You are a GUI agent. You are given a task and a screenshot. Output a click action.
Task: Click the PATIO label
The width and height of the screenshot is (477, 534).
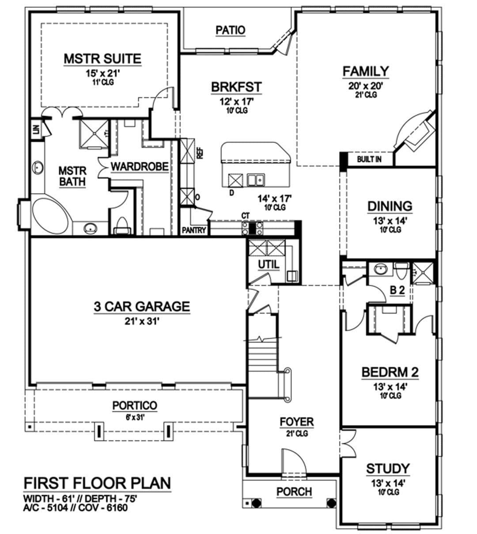tap(231, 30)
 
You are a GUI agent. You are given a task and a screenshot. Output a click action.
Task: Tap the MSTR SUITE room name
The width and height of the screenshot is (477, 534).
tap(103, 58)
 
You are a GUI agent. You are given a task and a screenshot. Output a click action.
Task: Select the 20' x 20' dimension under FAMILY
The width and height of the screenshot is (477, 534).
tap(365, 86)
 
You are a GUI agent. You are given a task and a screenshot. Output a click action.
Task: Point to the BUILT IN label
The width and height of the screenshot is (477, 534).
tap(369, 159)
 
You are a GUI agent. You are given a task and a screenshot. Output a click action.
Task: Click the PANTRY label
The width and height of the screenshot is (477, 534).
tap(194, 230)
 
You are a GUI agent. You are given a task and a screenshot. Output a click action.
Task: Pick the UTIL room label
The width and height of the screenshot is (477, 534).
tap(269, 265)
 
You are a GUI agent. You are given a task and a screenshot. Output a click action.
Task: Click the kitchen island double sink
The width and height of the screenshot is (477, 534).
tap(256, 180)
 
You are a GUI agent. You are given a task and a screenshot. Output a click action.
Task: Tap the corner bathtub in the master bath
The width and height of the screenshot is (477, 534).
tap(50, 216)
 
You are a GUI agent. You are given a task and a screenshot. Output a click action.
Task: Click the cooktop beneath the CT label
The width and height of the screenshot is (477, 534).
tap(253, 228)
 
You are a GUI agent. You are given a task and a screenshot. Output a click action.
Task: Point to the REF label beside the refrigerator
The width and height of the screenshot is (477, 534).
tap(200, 154)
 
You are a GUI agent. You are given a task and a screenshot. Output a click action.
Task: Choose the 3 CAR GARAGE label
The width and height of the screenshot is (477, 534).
tap(142, 306)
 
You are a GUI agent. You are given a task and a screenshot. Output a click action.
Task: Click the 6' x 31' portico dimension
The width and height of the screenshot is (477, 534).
tap(135, 417)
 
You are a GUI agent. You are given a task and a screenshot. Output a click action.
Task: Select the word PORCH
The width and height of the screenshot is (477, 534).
tap(294, 492)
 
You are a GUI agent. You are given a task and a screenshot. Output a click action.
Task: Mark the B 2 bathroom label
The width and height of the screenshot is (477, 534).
tap(397, 290)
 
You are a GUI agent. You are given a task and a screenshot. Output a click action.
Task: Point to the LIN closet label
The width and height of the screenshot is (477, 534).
tap(36, 130)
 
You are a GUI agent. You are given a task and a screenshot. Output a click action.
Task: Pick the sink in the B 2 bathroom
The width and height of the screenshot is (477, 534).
tap(381, 269)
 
